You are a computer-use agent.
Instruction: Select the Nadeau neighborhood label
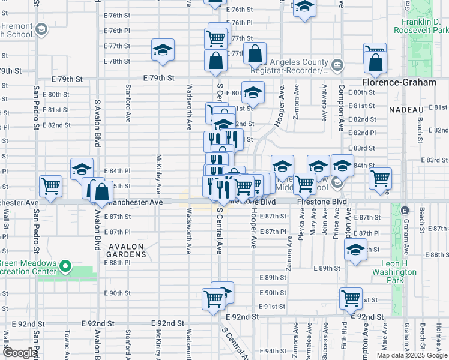[406, 110]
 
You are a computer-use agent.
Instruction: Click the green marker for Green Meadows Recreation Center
[67, 266]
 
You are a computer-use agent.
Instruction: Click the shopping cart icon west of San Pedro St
[50, 186]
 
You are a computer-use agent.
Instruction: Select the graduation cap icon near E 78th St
[163, 51]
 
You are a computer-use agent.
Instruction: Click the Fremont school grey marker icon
[41, 29]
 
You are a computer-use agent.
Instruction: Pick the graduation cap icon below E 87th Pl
[356, 251]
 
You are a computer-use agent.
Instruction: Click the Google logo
[20, 353]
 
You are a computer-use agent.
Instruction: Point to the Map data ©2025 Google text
[412, 355]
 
